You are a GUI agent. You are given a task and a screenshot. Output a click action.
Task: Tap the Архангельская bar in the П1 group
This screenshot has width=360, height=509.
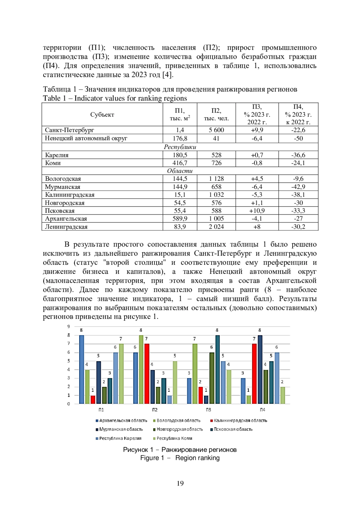pyautogui.click(x=82, y=369)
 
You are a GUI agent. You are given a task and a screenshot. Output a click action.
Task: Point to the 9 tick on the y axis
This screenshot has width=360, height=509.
pyautogui.click(x=69, y=327)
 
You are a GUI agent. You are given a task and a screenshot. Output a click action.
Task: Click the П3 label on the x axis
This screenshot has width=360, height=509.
pyautogui.click(x=208, y=410)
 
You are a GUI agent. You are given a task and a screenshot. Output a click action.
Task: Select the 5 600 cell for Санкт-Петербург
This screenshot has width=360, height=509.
pyautogui.click(x=216, y=130)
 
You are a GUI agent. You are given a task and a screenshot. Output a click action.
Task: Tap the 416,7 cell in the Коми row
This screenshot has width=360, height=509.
pyautogui.click(x=180, y=163)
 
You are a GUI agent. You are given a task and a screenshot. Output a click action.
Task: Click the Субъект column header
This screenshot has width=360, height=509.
pyautogui.click(x=102, y=115)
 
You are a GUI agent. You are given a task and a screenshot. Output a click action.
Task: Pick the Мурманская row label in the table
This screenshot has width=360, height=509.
pyautogui.click(x=63, y=187)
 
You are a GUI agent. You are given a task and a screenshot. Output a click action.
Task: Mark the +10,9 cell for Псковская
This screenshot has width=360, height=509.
pyautogui.click(x=257, y=211)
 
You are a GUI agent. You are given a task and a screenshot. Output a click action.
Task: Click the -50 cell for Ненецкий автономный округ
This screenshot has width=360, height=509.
pyautogui.click(x=298, y=138)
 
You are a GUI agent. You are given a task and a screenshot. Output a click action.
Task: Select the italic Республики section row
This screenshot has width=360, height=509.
pyautogui.click(x=180, y=147)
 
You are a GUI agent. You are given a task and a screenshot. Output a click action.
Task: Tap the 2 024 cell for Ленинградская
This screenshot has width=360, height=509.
pyautogui.click(x=216, y=227)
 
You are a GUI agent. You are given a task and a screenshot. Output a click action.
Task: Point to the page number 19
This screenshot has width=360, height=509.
pyautogui.click(x=180, y=483)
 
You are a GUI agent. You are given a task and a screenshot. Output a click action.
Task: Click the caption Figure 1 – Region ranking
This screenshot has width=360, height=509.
pyautogui.click(x=180, y=458)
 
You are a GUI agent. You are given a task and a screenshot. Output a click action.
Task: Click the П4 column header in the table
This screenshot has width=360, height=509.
pyautogui.click(x=298, y=114)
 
